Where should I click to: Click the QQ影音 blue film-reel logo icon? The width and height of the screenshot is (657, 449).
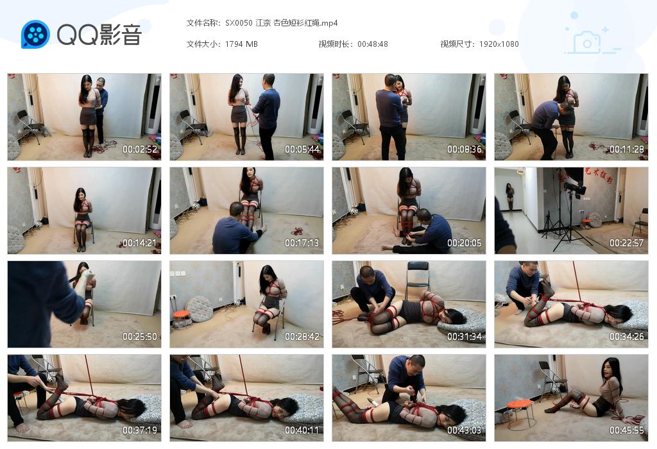35,34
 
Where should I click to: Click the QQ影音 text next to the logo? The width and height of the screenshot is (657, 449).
99,35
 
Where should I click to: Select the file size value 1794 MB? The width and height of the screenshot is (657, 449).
241,44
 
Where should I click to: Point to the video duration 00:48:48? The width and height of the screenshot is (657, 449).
372,44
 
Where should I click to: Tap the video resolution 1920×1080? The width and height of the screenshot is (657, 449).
499,44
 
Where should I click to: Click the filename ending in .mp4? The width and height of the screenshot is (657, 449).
282,23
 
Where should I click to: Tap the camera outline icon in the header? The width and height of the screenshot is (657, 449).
586,42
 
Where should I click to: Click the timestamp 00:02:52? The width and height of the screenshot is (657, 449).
140,149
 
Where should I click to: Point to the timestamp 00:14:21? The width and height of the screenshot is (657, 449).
140,243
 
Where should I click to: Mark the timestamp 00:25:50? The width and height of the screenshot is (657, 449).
140,337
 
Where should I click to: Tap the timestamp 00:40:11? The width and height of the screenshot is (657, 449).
302,430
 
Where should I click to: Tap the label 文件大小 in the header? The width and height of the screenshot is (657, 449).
203,44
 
